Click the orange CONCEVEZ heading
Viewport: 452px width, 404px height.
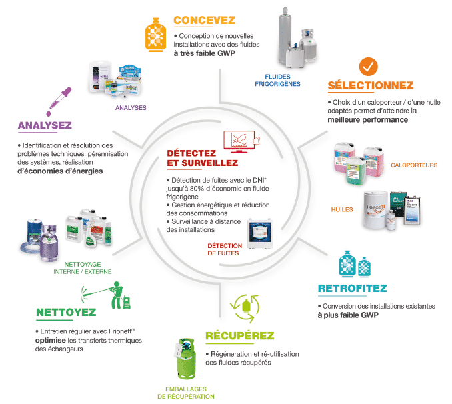coord(205,20)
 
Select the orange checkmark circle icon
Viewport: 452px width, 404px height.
coord(369,67)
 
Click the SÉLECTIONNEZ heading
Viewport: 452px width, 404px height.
coord(371,85)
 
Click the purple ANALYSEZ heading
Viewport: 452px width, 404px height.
coord(45,125)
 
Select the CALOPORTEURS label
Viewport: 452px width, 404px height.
coord(414,165)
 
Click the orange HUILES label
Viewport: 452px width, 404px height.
coord(341,209)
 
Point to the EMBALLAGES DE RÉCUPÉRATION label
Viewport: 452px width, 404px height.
coord(186,393)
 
